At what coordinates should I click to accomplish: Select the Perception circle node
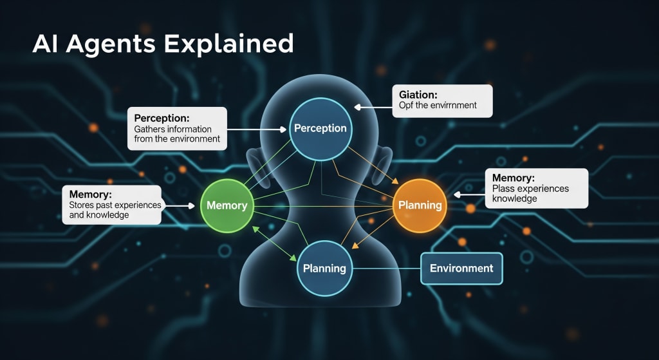[x=320, y=128]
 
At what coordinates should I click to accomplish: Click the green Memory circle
[x=227, y=205]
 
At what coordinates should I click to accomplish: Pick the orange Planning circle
[x=420, y=205]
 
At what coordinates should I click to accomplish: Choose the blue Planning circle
[x=324, y=268]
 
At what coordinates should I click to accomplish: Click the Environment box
[x=461, y=269]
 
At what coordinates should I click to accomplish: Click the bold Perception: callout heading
[x=162, y=118]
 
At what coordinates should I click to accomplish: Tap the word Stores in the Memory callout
[x=82, y=205]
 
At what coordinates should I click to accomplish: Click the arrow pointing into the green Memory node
[x=180, y=206]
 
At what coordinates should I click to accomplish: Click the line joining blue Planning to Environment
[x=386, y=269]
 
